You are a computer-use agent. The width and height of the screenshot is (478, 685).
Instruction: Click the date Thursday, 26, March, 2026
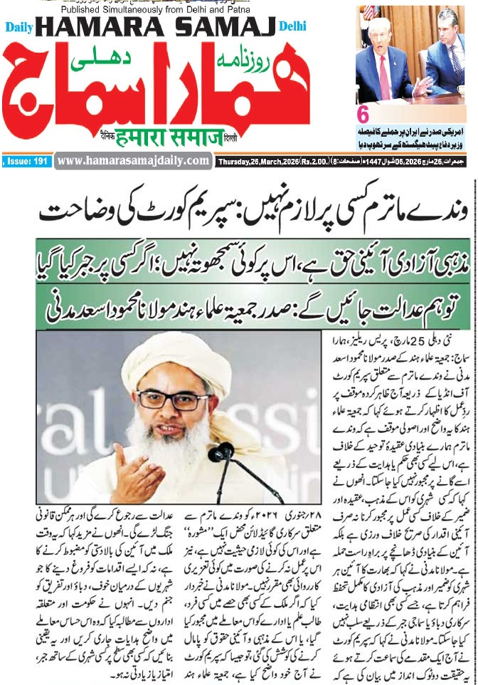tap(260, 161)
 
